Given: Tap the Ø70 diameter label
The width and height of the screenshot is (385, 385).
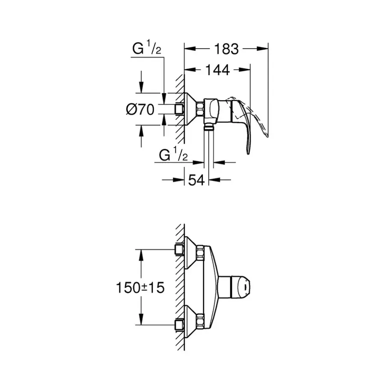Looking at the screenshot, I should click(x=140, y=110).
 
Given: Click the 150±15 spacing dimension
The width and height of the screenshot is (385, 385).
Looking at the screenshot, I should click(x=140, y=287).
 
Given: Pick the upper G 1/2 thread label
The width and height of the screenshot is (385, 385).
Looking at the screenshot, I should click(x=146, y=49).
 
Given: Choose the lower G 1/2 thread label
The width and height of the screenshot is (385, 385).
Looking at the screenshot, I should click(x=173, y=155).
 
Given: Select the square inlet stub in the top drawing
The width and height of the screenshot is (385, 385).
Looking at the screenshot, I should click(x=180, y=110).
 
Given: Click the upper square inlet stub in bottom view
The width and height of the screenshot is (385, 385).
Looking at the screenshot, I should click(x=180, y=249).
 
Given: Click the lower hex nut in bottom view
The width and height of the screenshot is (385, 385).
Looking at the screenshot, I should click(x=200, y=320).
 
